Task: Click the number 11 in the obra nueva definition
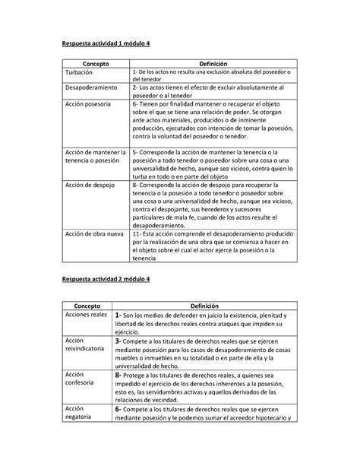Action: tap(136, 234)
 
